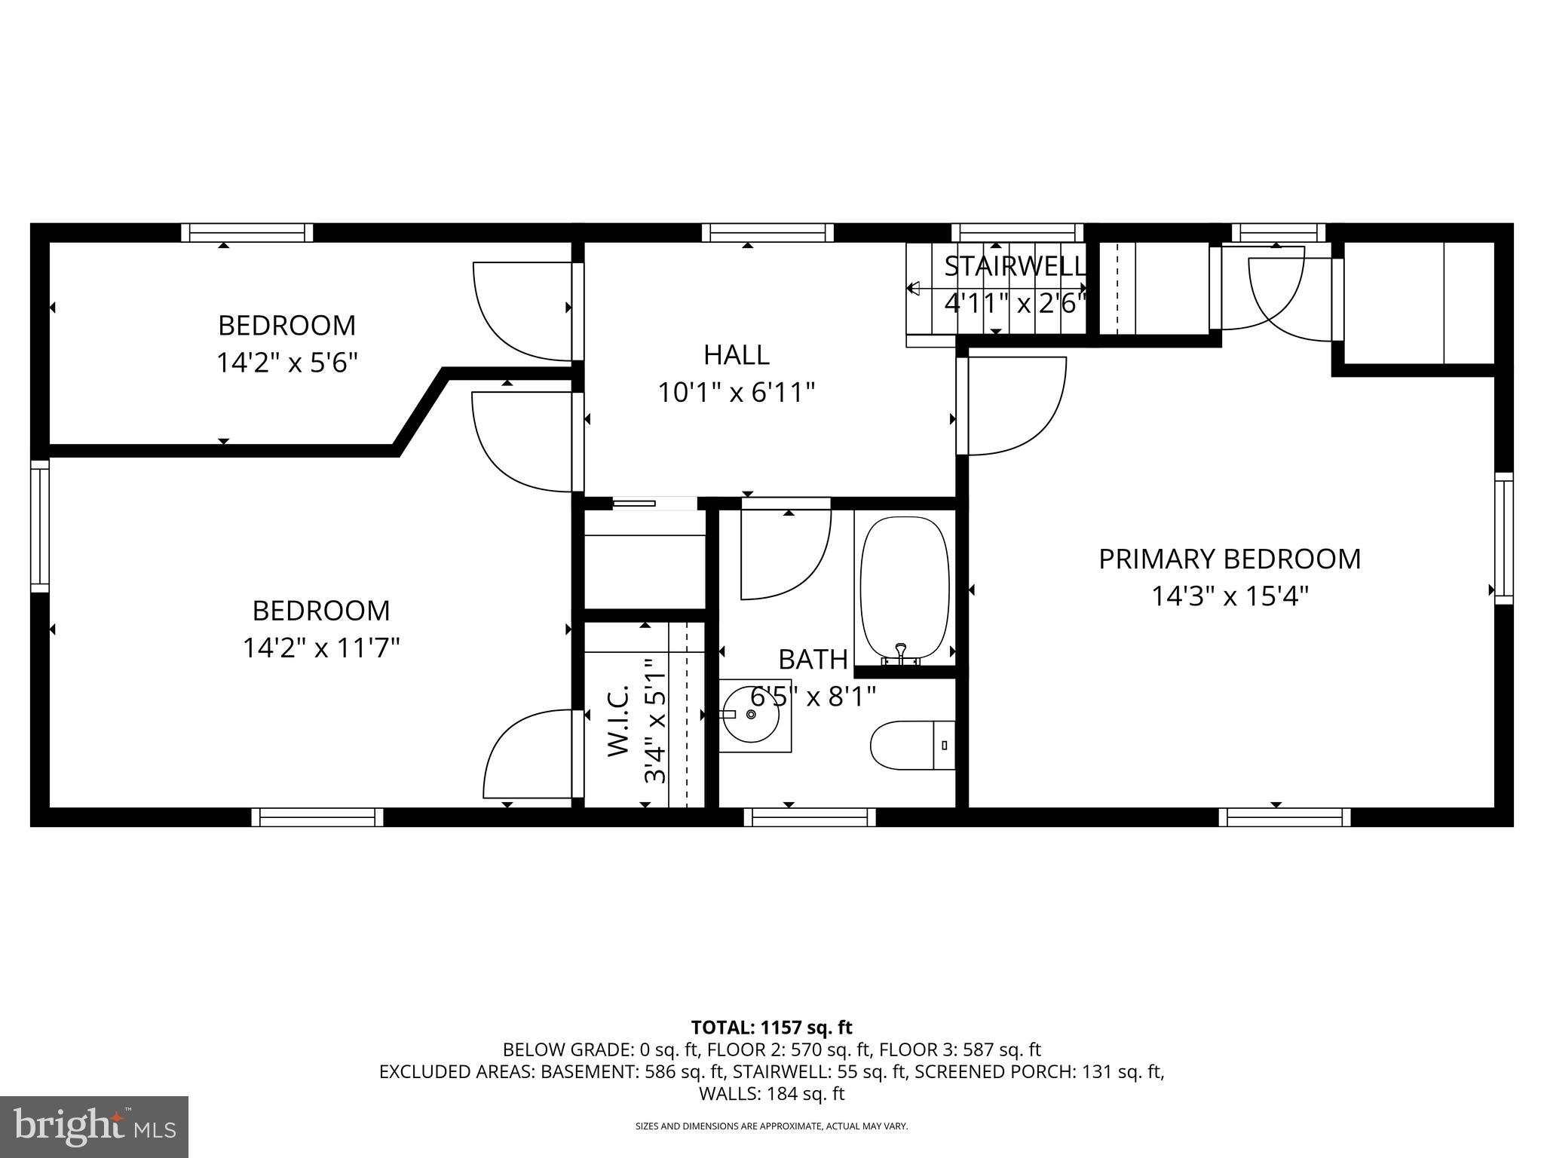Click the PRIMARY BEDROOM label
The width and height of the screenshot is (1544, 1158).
pos(1229,559)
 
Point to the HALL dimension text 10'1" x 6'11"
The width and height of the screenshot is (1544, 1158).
pos(737,393)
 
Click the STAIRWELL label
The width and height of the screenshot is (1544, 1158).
pos(1015,266)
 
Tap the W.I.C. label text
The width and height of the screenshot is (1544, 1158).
pos(618,720)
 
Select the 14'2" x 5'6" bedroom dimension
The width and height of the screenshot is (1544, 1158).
pos(286,363)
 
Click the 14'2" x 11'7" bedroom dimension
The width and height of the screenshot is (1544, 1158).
pos(320,648)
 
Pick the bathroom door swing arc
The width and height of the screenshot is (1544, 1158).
pos(786,554)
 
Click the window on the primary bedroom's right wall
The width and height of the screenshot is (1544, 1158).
pos(1503,538)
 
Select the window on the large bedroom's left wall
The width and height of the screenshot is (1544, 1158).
pos(40,525)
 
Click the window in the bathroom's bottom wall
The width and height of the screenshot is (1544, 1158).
pos(810,817)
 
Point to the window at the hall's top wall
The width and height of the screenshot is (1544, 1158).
pos(767,232)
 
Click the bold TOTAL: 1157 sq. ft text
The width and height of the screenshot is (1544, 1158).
pos(771,1027)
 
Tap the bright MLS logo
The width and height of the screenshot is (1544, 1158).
pos(94,1126)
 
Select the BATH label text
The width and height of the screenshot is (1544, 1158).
pos(813,660)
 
